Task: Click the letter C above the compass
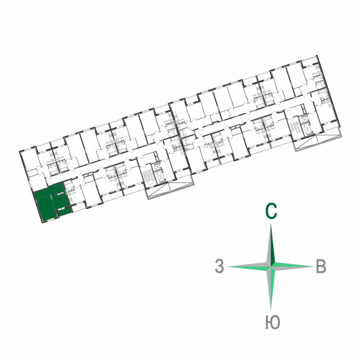271,211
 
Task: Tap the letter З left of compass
219,266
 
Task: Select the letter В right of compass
321,266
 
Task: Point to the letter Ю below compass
273,322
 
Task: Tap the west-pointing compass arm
249,266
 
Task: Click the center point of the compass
271,266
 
